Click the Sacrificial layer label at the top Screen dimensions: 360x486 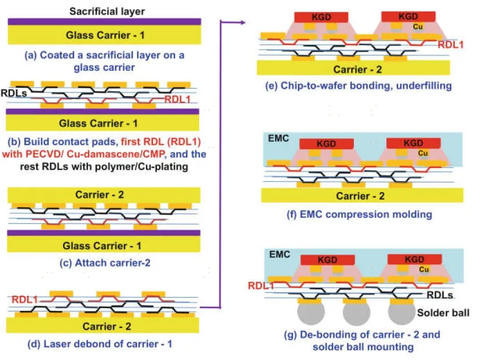(107, 10)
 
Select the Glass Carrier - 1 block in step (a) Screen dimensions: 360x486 (104, 35)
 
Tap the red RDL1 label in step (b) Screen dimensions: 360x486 (176, 99)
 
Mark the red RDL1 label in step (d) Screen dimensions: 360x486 (24, 299)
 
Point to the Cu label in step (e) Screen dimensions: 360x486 (416, 27)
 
